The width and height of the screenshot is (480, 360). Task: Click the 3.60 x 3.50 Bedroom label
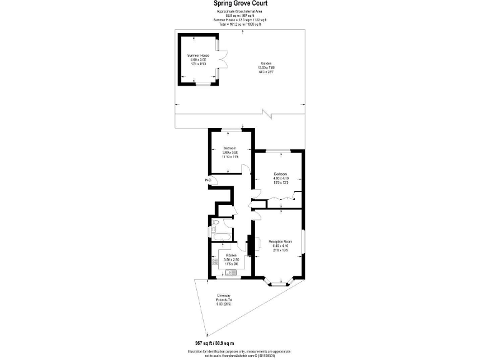(x=231, y=152)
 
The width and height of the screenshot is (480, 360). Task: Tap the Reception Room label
(x=280, y=244)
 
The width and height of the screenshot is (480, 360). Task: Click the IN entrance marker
(x=207, y=181)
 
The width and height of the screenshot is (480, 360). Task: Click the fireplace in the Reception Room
(x=250, y=245)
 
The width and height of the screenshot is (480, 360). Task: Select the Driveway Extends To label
(x=224, y=299)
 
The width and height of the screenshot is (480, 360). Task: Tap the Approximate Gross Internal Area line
(x=239, y=12)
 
